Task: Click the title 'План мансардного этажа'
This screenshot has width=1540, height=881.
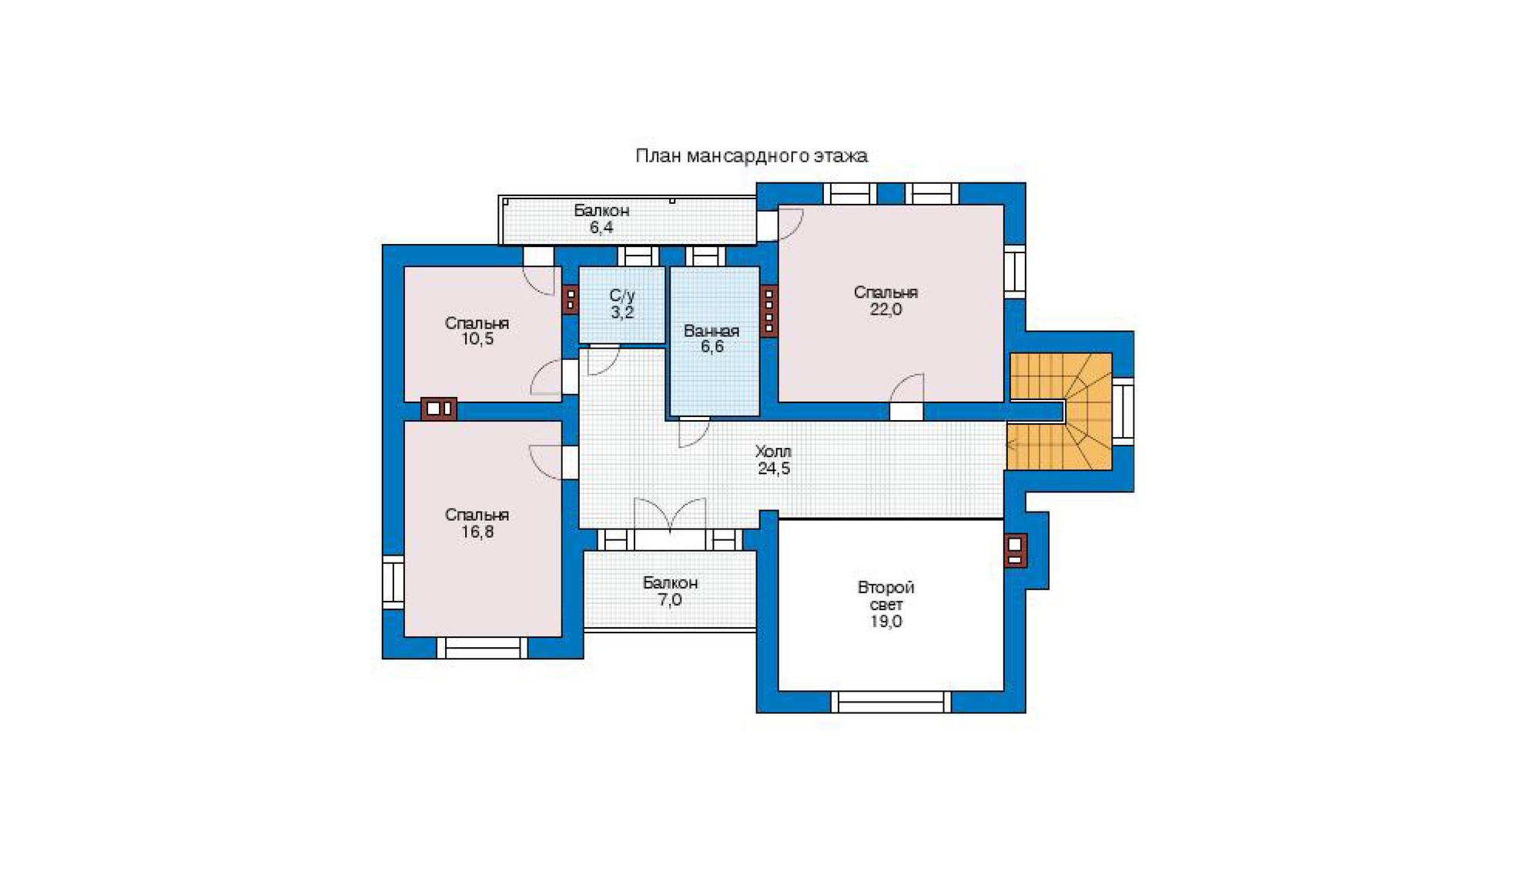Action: click(x=752, y=156)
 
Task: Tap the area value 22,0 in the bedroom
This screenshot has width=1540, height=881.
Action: click(x=885, y=309)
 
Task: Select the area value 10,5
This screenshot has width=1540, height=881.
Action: click(x=477, y=339)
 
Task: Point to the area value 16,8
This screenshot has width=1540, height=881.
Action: click(x=477, y=532)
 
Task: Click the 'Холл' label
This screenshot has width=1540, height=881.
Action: click(x=773, y=452)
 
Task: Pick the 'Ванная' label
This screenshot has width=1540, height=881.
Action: click(x=711, y=331)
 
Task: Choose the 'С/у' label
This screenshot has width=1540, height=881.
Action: click(x=622, y=295)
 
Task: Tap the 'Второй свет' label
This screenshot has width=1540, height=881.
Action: click(x=886, y=596)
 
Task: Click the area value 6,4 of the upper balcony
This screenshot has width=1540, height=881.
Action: click(x=601, y=228)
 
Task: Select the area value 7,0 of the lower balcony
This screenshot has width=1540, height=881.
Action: click(x=670, y=600)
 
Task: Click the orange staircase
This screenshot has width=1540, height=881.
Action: click(x=1060, y=411)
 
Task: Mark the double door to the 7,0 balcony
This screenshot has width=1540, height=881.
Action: click(x=670, y=514)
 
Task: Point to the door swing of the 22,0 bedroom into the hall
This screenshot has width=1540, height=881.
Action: click(x=907, y=388)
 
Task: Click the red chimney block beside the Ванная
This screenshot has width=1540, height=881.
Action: click(x=768, y=311)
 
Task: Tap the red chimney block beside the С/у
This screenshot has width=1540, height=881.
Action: click(x=570, y=299)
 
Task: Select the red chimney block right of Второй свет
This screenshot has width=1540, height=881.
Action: click(x=1015, y=551)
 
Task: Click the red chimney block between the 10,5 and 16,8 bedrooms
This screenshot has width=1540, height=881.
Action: click(x=439, y=409)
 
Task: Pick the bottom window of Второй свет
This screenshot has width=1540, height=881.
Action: click(x=891, y=702)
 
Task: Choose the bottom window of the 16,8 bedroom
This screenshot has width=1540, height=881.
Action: click(x=483, y=648)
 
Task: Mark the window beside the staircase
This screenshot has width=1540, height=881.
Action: click(x=1123, y=411)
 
